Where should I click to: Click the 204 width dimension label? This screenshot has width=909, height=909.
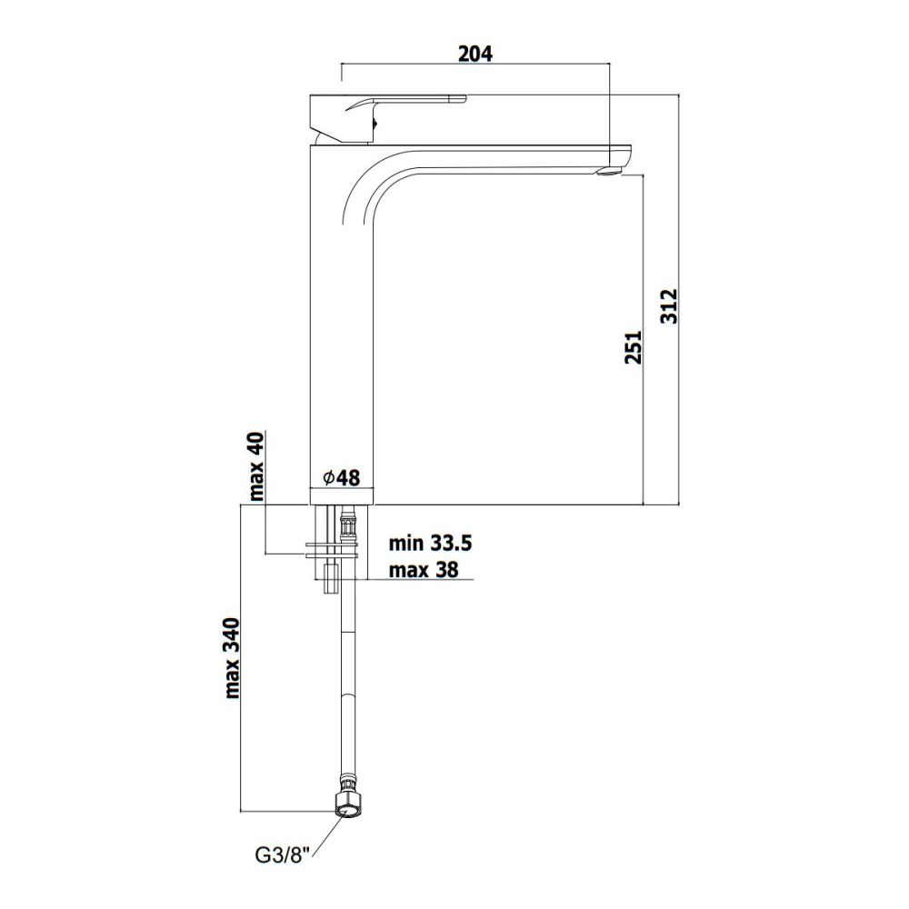tap(474, 54)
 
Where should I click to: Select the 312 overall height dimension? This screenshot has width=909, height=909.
tap(669, 306)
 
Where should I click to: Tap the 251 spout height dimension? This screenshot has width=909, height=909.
tap(634, 347)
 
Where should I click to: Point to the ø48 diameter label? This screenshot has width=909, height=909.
tap(342, 478)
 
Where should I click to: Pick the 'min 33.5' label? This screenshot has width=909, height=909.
tap(430, 544)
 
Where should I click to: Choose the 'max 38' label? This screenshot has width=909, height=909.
tap(424, 570)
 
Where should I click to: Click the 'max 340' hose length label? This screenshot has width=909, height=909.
tap(232, 658)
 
